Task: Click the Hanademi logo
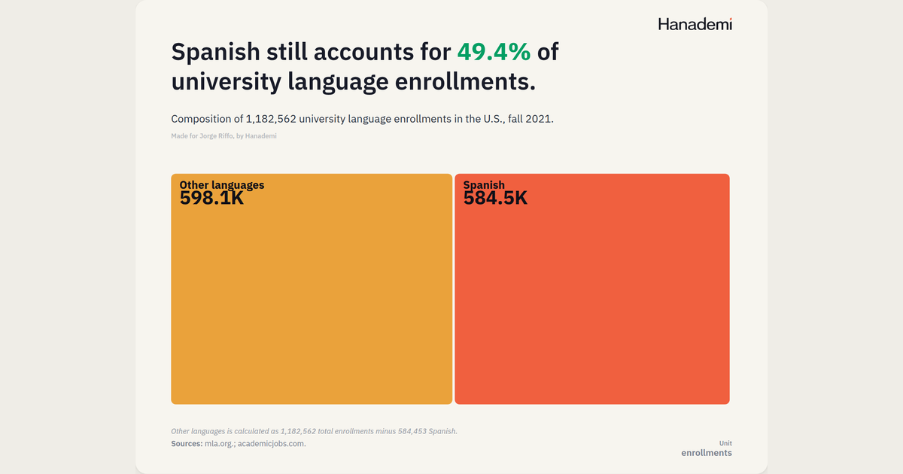[695, 24]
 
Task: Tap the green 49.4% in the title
[494, 52]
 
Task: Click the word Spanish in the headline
[216, 53]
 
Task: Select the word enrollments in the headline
[465, 81]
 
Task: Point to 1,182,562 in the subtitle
[271, 120]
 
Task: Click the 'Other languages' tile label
[222, 185]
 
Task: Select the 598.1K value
[211, 199]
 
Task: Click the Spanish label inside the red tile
[484, 185]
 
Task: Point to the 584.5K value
[495, 199]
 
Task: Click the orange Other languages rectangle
[312, 289]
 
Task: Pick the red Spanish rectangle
[592, 289]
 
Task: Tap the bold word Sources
[187, 444]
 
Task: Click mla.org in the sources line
[219, 444]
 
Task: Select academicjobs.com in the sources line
[272, 444]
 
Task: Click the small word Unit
[725, 443]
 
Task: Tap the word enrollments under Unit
[707, 453]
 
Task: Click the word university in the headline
[226, 82]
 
